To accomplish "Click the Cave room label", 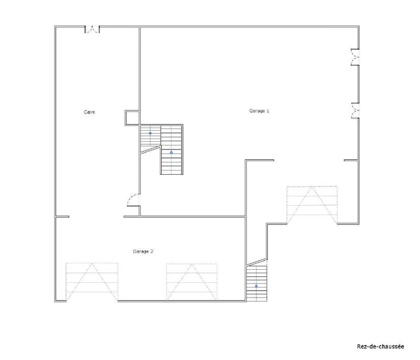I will pos(89,112).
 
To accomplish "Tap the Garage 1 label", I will pos(259,111).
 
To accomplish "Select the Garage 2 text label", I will pos(143,251).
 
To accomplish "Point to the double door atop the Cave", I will pos(93,29).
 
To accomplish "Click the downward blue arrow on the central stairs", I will pos(150,134).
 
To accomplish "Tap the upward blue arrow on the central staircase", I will pos(171,152).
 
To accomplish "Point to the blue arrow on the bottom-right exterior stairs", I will pos(256,286).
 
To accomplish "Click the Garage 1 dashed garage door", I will pos(312,205).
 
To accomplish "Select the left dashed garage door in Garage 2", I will pos(92,282).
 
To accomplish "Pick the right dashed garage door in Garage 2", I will pos(192,282).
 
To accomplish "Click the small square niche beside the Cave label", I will pos(131,118).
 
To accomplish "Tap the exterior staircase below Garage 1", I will pos(256,282).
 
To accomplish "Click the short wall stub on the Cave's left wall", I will pos(62,216).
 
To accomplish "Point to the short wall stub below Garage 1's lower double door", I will pos(351,159).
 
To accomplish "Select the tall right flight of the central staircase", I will pos(171,149).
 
